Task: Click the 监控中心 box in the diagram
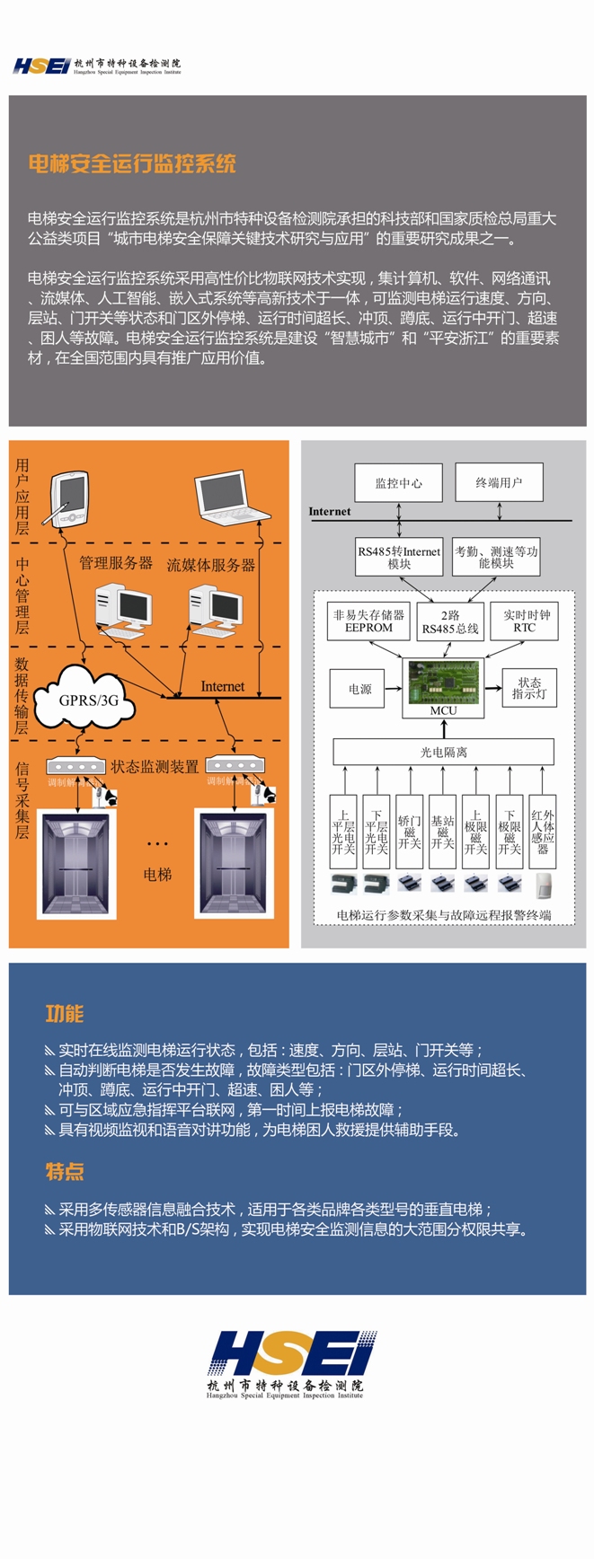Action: tap(398, 483)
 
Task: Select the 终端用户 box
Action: tap(499, 482)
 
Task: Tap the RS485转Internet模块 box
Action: tap(399, 558)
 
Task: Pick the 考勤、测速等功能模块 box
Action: tap(496, 558)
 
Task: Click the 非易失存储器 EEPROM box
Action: tap(368, 621)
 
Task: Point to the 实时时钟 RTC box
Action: tap(525, 621)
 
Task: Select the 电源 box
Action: tap(360, 689)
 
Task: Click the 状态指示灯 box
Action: tap(529, 689)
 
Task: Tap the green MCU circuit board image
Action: tap(443, 683)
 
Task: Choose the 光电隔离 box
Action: tap(443, 752)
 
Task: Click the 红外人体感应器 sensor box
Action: tap(543, 832)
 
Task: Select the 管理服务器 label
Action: tap(116, 563)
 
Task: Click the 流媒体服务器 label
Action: tap(211, 565)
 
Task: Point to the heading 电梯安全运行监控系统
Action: tap(131, 163)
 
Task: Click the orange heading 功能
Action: tap(64, 1014)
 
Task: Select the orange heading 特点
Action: tap(64, 1171)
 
